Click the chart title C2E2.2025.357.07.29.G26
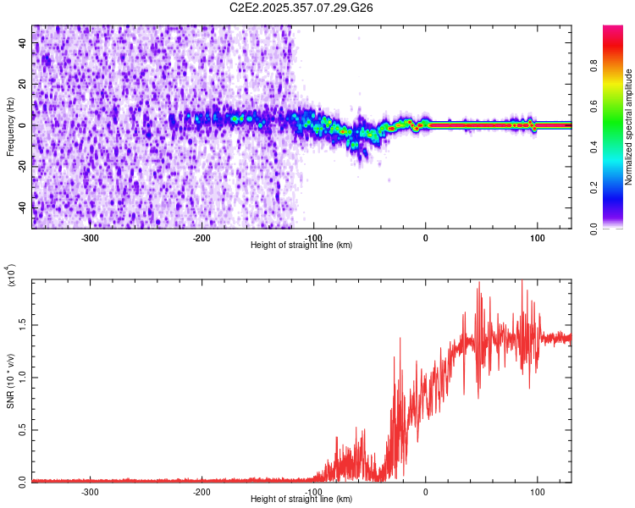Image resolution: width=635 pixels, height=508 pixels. (x=301, y=8)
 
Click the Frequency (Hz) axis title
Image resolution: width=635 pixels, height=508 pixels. (x=10, y=126)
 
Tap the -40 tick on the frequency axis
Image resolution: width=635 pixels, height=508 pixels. (x=21, y=207)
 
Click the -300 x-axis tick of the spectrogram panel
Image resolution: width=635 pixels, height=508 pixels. (x=90, y=237)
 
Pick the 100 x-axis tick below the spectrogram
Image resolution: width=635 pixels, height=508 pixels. (x=537, y=237)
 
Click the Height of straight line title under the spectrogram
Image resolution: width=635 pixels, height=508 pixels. (x=301, y=246)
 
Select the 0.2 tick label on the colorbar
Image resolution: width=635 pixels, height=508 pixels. (x=618, y=188)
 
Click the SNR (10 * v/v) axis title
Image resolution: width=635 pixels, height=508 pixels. (x=10, y=380)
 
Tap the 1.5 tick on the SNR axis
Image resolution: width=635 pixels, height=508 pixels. (x=21, y=324)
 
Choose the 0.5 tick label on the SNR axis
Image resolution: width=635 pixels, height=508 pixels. (x=21, y=429)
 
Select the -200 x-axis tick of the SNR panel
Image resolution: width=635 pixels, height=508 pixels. (x=202, y=491)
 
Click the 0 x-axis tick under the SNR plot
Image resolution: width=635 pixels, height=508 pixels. (x=425, y=491)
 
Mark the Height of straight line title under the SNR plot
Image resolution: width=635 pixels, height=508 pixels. (x=301, y=500)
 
